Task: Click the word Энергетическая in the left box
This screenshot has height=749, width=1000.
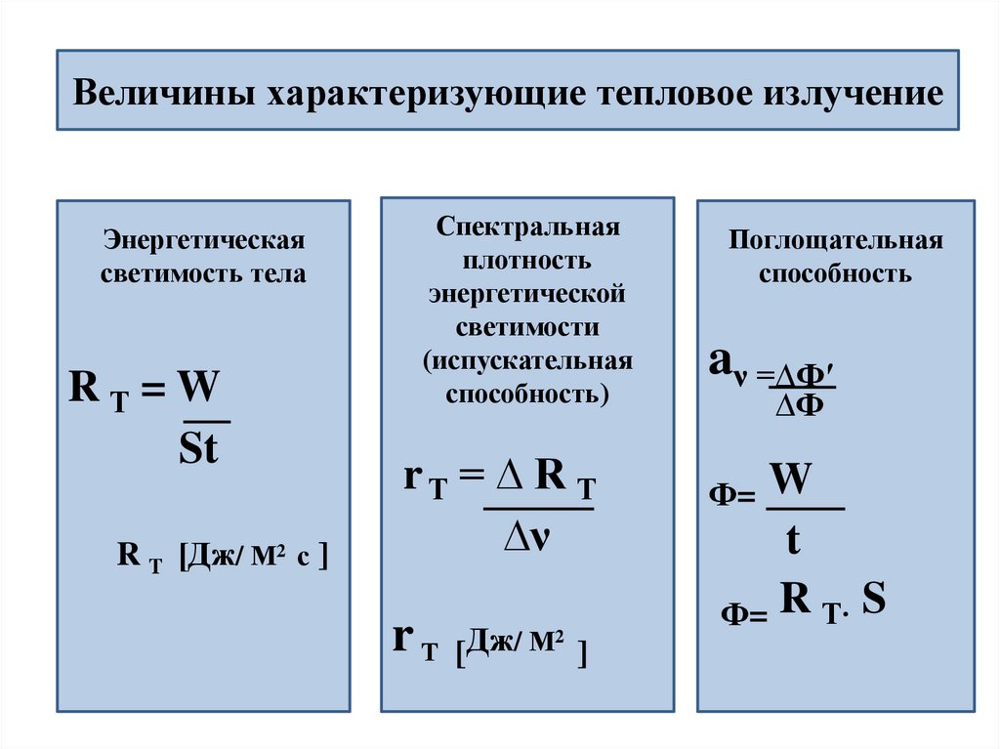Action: tap(204, 240)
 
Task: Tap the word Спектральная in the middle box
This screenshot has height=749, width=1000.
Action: tap(528, 228)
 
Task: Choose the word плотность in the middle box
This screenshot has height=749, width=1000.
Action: tap(528, 261)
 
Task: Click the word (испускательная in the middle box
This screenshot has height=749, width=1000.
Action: tap(528, 361)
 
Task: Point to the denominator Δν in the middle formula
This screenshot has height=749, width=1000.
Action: tap(527, 539)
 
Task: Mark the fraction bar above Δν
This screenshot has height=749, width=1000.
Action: tap(538, 509)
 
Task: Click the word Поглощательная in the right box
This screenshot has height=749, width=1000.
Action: tap(836, 240)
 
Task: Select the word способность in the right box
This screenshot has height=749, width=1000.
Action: tap(836, 273)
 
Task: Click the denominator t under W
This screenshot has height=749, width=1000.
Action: tap(793, 540)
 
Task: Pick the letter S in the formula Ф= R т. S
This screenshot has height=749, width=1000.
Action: tap(874, 600)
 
